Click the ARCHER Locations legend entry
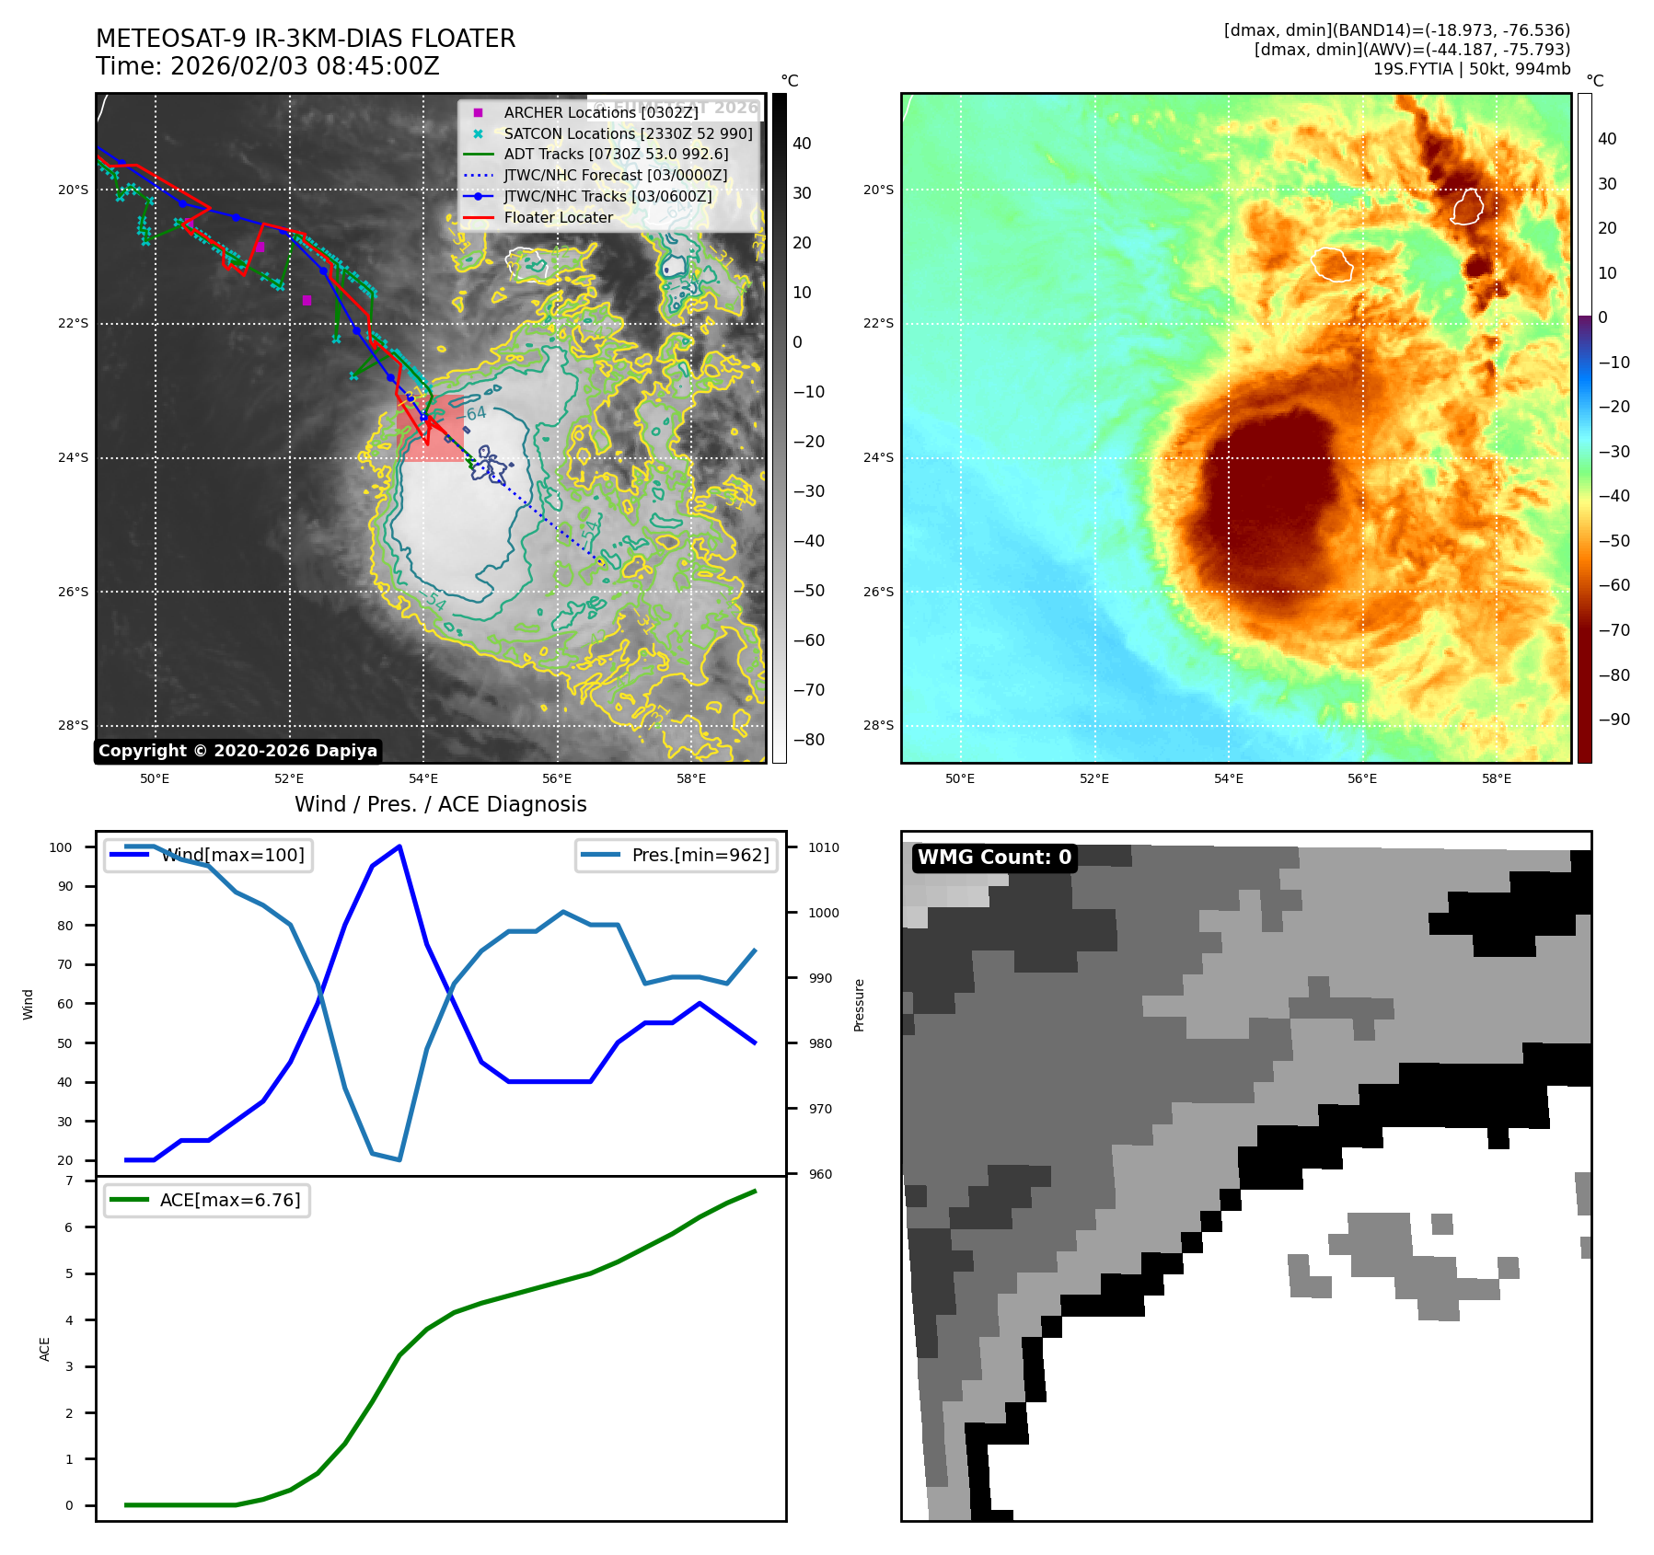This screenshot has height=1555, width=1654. (600, 112)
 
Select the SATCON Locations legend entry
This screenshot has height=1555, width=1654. (628, 133)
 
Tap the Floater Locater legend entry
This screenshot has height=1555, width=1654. (558, 217)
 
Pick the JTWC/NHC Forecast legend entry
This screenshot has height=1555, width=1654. (615, 175)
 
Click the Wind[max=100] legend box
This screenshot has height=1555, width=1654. (209, 855)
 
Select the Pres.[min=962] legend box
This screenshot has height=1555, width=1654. (677, 855)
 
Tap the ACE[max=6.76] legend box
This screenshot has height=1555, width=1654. (207, 1200)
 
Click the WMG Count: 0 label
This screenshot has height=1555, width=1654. (994, 858)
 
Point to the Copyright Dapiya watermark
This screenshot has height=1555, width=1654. (237, 751)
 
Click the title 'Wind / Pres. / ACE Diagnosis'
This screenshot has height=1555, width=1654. (440, 804)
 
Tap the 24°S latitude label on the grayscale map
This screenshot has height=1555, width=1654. (74, 457)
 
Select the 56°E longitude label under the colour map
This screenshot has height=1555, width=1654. (1362, 779)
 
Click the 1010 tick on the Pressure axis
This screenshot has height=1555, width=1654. (824, 847)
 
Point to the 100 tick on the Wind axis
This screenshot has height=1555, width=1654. (61, 847)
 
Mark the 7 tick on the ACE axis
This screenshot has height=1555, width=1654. (69, 1181)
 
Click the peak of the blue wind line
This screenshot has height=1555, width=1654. (399, 846)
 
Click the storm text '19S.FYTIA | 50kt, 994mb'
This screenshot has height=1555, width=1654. (1471, 69)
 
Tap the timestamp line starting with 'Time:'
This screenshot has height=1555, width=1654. (267, 67)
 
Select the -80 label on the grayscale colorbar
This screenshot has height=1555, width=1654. (809, 740)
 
